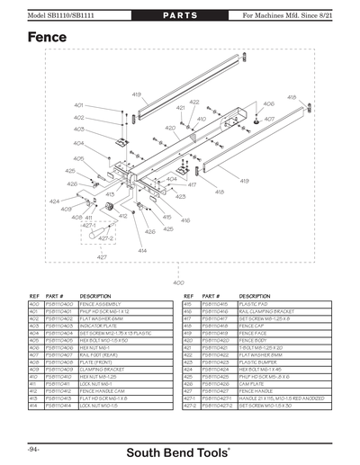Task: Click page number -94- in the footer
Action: coord(33,446)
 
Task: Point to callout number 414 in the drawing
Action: coord(142,250)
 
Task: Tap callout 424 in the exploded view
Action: coord(54,201)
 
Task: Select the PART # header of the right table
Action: coord(212,295)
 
